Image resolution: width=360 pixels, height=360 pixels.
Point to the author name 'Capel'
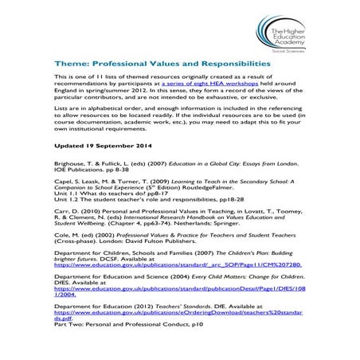[64, 181]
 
